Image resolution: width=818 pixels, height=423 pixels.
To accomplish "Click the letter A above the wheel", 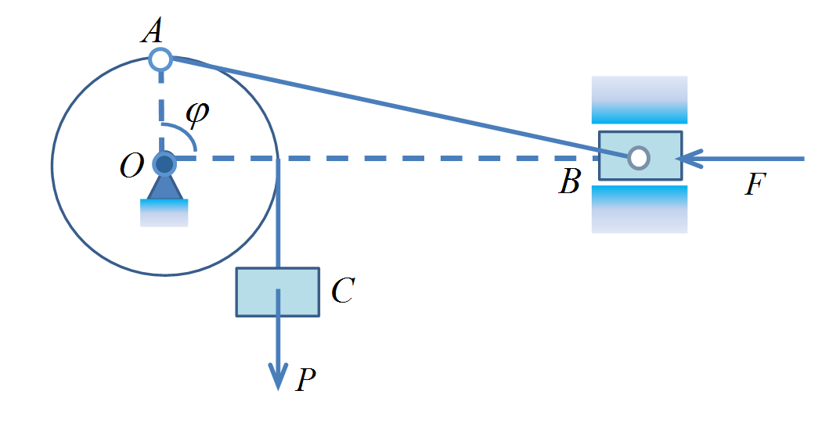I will pos(153,32).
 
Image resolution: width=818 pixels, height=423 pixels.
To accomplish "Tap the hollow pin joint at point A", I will pos(160,59).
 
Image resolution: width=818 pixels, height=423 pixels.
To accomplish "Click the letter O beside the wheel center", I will pos(130,166).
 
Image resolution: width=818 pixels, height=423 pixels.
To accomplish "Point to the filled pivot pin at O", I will pos(164,164).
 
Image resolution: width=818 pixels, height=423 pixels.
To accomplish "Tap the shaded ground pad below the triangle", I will pos(164,213).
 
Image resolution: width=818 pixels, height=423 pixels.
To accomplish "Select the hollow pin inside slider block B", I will pos(639,157).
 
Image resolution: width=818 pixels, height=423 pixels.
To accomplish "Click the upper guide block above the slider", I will pos(639,99).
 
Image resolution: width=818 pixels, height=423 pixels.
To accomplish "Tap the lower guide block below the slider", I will pos(639,209).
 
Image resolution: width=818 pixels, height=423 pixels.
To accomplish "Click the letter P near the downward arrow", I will pos(306,381).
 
